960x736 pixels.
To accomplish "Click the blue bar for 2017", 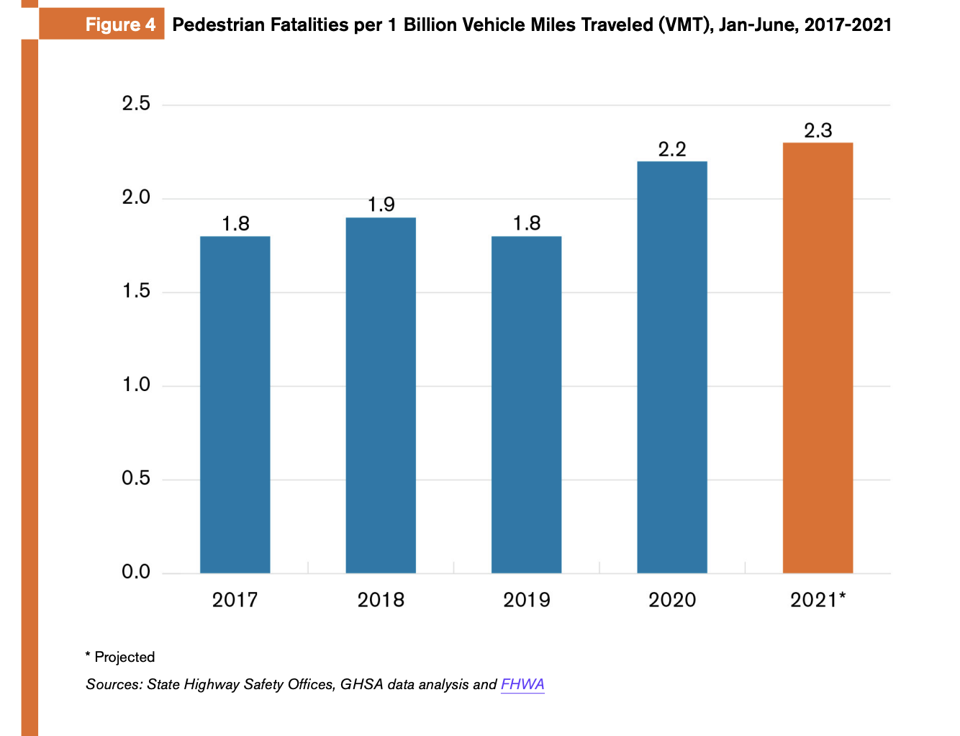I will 235,404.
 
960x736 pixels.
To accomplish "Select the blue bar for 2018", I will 381,395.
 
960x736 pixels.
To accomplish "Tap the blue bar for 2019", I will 526,404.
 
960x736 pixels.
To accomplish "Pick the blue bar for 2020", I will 672,367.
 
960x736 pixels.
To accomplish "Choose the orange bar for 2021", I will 818,357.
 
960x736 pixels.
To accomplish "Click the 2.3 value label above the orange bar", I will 818,130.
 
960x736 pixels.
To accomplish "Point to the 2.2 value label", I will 672,149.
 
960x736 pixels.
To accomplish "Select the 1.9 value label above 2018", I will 381,205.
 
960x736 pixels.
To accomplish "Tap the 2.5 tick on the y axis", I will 136,104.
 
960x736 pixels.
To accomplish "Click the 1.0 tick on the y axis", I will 136,385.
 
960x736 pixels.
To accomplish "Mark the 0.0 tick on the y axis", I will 136,573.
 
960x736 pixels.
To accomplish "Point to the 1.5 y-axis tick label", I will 136,291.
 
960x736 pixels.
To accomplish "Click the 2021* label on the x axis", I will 818,600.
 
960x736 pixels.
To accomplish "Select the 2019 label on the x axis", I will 526,600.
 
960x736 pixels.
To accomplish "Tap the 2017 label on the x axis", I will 235,600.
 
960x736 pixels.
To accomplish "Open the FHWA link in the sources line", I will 522,684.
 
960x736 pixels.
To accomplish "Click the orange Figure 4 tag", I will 102,24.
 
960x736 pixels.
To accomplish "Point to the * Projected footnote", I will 120,657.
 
